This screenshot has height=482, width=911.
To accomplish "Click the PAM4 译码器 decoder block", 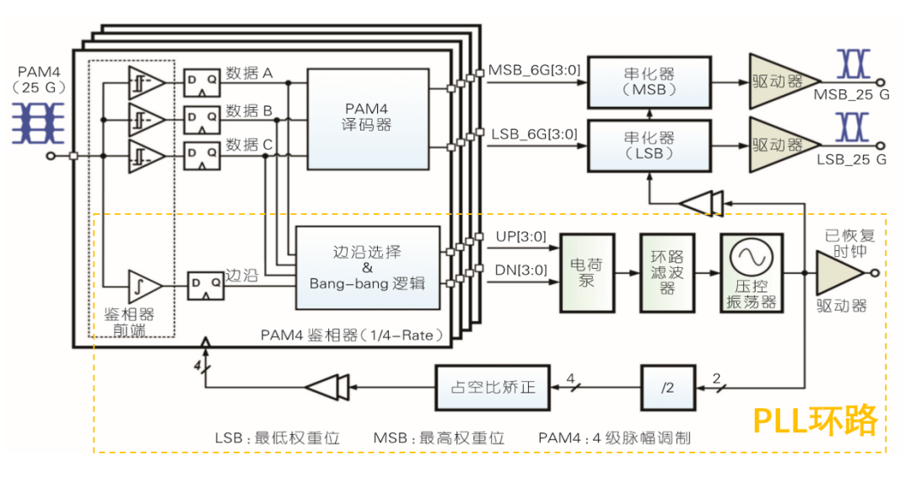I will (x=369, y=118).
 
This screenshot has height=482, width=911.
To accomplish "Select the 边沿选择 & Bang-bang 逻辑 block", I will (x=367, y=268).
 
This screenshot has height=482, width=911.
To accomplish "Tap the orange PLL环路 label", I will (x=815, y=420).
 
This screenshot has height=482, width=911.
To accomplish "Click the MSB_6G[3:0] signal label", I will (x=534, y=71).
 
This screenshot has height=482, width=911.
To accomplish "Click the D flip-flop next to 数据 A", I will (x=202, y=82).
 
